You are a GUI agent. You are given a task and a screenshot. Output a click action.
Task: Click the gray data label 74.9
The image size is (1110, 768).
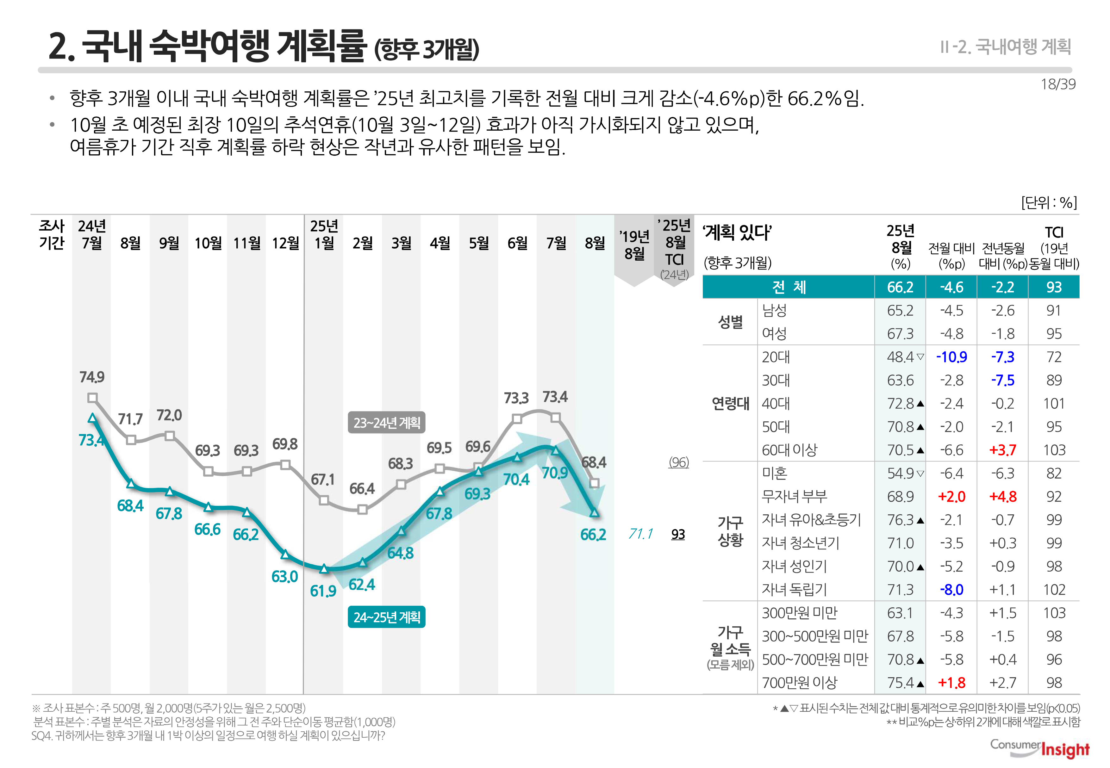pyautogui.click(x=92, y=377)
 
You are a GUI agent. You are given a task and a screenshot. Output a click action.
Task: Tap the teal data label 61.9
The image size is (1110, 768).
pyautogui.click(x=323, y=591)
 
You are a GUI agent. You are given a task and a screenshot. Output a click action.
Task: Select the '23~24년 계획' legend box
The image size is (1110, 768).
pyautogui.click(x=387, y=423)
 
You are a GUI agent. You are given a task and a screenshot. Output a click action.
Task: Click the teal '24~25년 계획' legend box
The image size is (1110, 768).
pyautogui.click(x=387, y=617)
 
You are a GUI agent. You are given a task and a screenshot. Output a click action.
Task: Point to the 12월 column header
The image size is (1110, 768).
pyautogui.click(x=285, y=243)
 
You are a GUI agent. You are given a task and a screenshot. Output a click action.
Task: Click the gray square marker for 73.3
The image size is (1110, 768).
pyautogui.click(x=517, y=419)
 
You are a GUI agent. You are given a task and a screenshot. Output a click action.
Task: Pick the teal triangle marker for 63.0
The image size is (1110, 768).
pyautogui.click(x=285, y=554)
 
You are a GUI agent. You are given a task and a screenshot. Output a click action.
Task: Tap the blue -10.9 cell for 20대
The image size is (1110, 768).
pyautogui.click(x=951, y=357)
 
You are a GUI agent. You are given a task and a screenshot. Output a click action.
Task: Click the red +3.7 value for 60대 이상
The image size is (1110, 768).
pyautogui.click(x=1003, y=450)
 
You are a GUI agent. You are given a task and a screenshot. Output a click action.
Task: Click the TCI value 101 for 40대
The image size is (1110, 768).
pyautogui.click(x=1054, y=403)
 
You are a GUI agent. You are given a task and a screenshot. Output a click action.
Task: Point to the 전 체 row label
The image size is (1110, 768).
pyautogui.click(x=789, y=287)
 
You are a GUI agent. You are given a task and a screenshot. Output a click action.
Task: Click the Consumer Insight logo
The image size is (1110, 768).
pyautogui.click(x=1040, y=749)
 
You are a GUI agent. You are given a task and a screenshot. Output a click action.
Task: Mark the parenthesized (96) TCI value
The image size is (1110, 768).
pyautogui.click(x=679, y=462)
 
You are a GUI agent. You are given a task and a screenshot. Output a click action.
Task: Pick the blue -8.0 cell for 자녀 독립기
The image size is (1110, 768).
pyautogui.click(x=951, y=590)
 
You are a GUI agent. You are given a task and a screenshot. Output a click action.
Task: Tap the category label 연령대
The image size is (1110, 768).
pyautogui.click(x=730, y=403)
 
